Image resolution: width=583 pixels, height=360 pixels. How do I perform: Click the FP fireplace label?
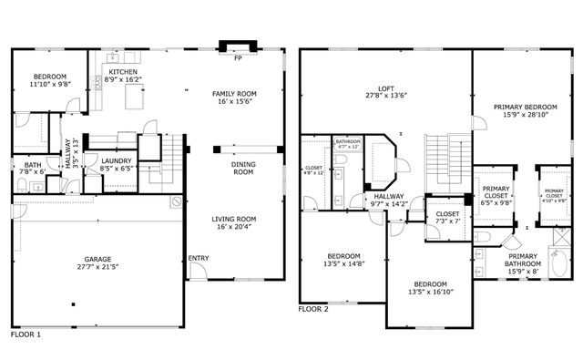(x=238, y=58)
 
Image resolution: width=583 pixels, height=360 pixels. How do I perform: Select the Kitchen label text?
(x=123, y=71)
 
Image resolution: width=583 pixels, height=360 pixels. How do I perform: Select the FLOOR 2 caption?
(x=313, y=309)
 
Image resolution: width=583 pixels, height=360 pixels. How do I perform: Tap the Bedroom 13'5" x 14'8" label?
(x=343, y=256)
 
